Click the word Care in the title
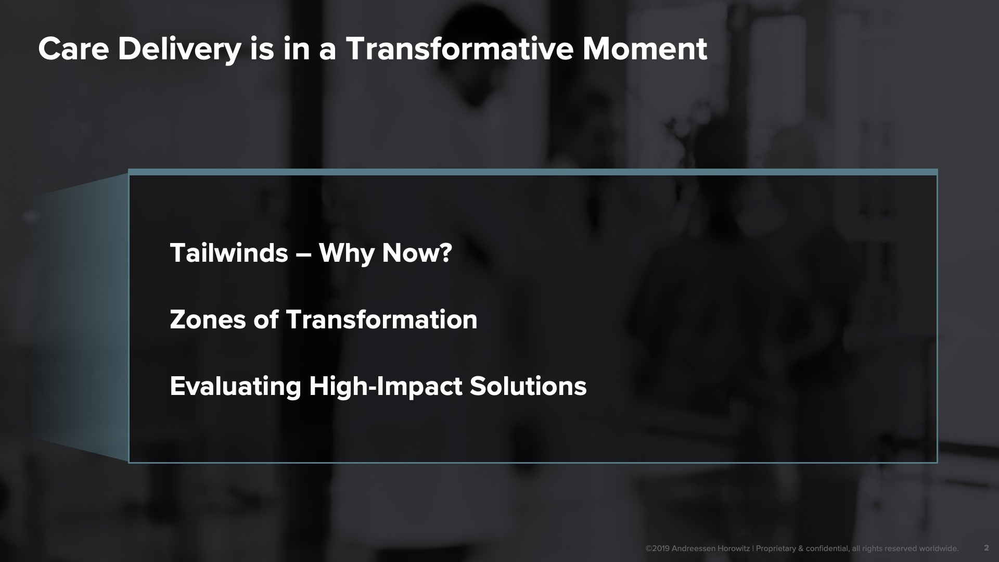(73, 49)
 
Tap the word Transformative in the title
(459, 49)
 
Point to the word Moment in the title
(645, 49)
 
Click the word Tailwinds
(229, 253)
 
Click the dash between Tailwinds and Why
(303, 255)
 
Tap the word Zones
(208, 320)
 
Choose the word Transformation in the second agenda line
(381, 320)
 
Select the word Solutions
(528, 386)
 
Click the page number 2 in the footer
(987, 548)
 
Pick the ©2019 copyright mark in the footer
(658, 548)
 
